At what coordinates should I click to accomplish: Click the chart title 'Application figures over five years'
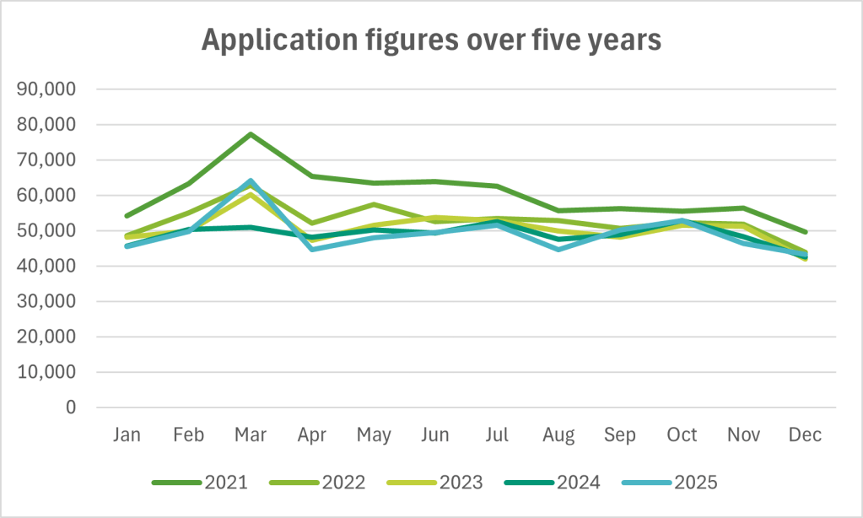[x=431, y=40]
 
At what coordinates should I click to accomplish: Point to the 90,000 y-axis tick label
[x=52, y=89]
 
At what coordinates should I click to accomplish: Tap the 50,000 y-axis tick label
[x=52, y=230]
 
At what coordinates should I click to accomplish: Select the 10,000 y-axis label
[x=52, y=372]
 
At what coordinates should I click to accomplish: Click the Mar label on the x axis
[x=251, y=435]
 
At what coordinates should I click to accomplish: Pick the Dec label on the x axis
[x=805, y=435]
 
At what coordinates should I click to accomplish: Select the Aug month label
[x=558, y=435]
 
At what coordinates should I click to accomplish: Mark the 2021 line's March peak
[x=251, y=134]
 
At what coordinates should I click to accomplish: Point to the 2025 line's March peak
[x=251, y=181]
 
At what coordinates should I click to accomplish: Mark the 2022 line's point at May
[x=374, y=204]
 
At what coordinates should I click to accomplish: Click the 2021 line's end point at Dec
[x=805, y=232]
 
